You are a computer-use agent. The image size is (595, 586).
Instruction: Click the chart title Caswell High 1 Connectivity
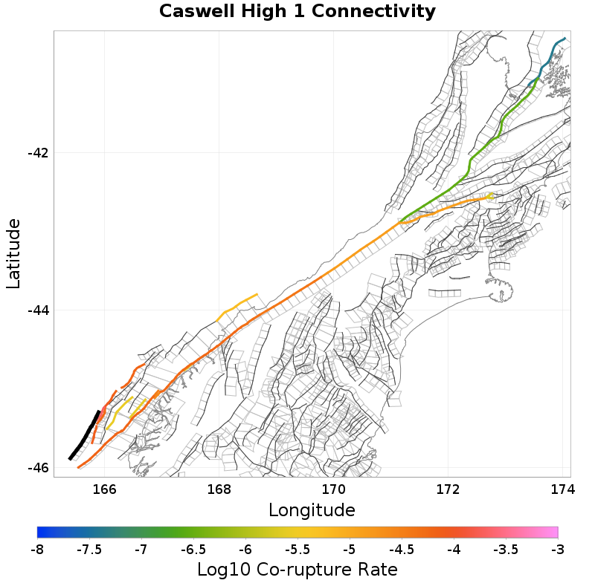click(297, 12)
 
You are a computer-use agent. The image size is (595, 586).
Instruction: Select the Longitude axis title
click(312, 510)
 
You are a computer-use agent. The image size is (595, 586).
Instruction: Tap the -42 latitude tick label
click(38, 153)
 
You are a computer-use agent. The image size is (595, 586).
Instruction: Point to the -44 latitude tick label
click(38, 310)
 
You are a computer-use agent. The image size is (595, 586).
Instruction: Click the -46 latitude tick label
click(38, 468)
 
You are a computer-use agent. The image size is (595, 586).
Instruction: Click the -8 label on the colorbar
click(37, 550)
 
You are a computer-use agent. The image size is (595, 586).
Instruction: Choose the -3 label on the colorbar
click(558, 550)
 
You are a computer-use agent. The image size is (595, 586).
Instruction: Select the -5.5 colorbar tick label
click(297, 550)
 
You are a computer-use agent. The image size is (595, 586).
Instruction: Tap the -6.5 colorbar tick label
click(193, 550)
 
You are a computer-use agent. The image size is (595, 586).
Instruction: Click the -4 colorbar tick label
click(454, 550)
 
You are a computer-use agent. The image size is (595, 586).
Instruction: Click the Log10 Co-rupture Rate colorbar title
click(297, 570)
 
